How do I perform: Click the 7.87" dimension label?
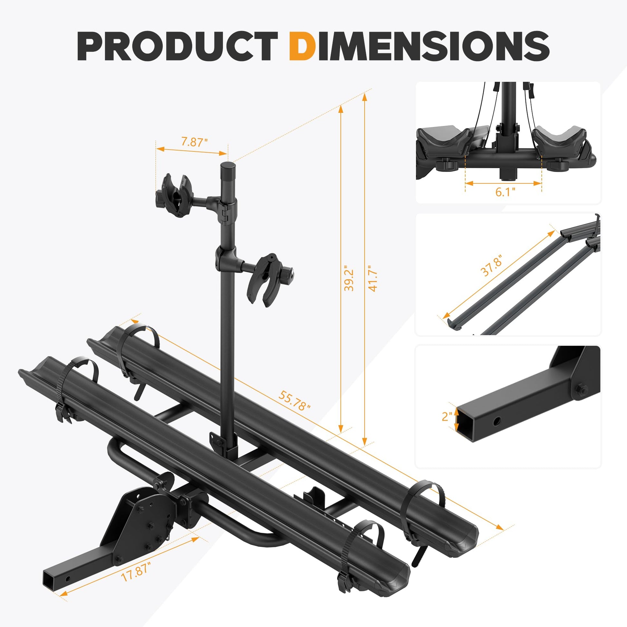[194, 142]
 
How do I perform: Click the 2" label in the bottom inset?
[447, 416]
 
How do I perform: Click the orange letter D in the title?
[302, 46]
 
